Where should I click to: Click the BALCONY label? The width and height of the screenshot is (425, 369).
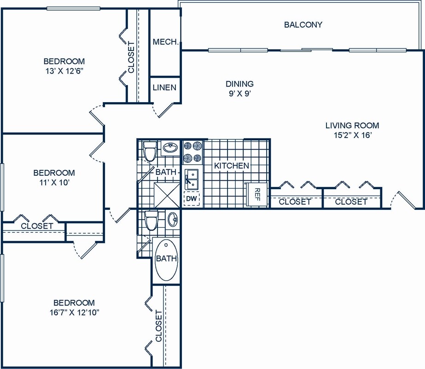pos(303,25)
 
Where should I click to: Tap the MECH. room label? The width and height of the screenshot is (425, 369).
pos(165,42)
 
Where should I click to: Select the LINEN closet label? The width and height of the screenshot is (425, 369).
pos(164,87)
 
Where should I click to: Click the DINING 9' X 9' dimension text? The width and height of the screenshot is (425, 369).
pos(239,93)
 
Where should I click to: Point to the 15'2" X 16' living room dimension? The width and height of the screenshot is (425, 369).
pos(352,135)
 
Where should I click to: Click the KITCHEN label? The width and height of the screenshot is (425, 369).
pos(232,166)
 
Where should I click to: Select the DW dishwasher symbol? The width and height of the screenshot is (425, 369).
pos(191,198)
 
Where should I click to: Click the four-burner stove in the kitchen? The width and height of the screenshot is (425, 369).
pos(193,152)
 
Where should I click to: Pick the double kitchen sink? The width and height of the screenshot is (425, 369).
pos(191,179)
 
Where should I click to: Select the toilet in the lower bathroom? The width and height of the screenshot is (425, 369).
pos(151,220)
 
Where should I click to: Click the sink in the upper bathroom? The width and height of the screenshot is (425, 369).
pos(170,148)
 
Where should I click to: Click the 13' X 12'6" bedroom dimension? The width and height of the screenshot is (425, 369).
pos(64,71)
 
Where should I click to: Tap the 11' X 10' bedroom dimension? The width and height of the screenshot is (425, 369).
pos(54,182)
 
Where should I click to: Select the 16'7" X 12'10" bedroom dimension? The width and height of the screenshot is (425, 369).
pos(74,312)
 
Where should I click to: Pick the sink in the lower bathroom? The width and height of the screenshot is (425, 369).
pos(173,219)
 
